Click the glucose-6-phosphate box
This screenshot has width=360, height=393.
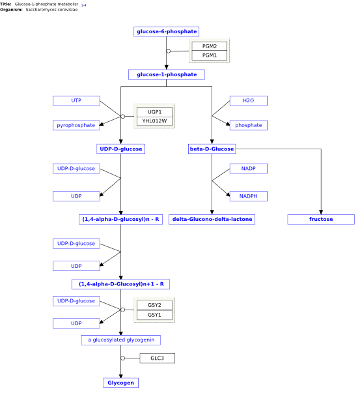[x=166, y=31]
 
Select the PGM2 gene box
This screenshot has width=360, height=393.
[x=209, y=46]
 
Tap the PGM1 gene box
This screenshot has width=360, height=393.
[x=209, y=55]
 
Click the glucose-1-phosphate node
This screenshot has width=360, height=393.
[x=167, y=74]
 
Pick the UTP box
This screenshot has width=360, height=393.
[x=76, y=100]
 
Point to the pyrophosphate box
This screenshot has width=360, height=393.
[x=76, y=125]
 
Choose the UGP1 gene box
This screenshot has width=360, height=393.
[x=154, y=112]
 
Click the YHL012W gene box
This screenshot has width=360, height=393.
[x=154, y=121]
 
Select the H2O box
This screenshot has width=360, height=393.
[x=248, y=100]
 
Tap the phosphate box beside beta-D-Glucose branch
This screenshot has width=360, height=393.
[x=248, y=125]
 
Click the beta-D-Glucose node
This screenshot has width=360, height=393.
[x=212, y=149]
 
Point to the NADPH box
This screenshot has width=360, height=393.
[x=248, y=196]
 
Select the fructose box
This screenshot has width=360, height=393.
[x=321, y=219]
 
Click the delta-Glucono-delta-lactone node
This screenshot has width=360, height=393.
[x=212, y=219]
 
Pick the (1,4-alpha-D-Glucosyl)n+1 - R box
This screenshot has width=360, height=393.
[x=120, y=284]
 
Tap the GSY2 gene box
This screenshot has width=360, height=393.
[x=154, y=305]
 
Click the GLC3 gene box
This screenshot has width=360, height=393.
[x=158, y=358]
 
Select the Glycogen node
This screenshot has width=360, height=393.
[x=120, y=383]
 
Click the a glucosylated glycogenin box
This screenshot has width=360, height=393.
[x=121, y=340]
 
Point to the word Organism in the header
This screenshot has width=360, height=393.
[x=11, y=10]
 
